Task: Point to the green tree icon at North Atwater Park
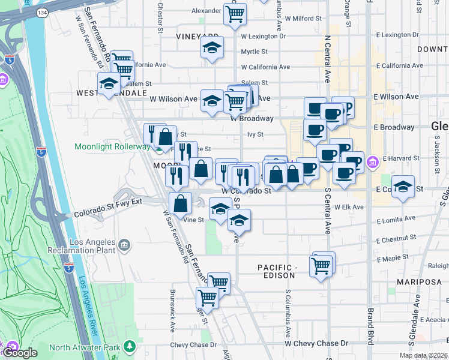(x=129, y=346)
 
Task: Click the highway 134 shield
(x=41, y=12)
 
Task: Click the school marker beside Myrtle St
(x=211, y=48)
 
